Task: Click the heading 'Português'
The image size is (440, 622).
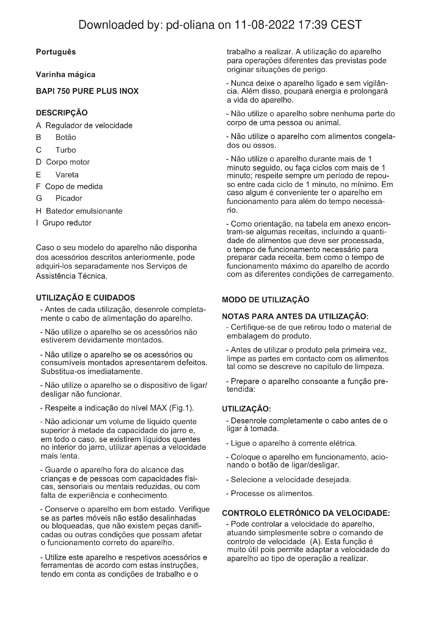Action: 56,52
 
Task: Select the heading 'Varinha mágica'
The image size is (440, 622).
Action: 65,74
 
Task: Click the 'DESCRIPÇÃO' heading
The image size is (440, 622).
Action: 62,113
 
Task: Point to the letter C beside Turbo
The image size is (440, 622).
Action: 39,150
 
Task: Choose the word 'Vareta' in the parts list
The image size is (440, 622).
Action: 67,175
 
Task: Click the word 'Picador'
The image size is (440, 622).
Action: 69,198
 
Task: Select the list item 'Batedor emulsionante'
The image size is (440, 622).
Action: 84,211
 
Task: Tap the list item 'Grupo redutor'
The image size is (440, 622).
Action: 67,223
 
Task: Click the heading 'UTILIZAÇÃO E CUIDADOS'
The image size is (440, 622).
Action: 85,298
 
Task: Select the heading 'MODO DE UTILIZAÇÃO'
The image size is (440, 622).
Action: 265,300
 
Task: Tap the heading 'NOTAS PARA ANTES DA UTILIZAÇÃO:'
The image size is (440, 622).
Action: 295,316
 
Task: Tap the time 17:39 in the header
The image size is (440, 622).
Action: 312,25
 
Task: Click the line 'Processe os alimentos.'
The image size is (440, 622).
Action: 272,493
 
